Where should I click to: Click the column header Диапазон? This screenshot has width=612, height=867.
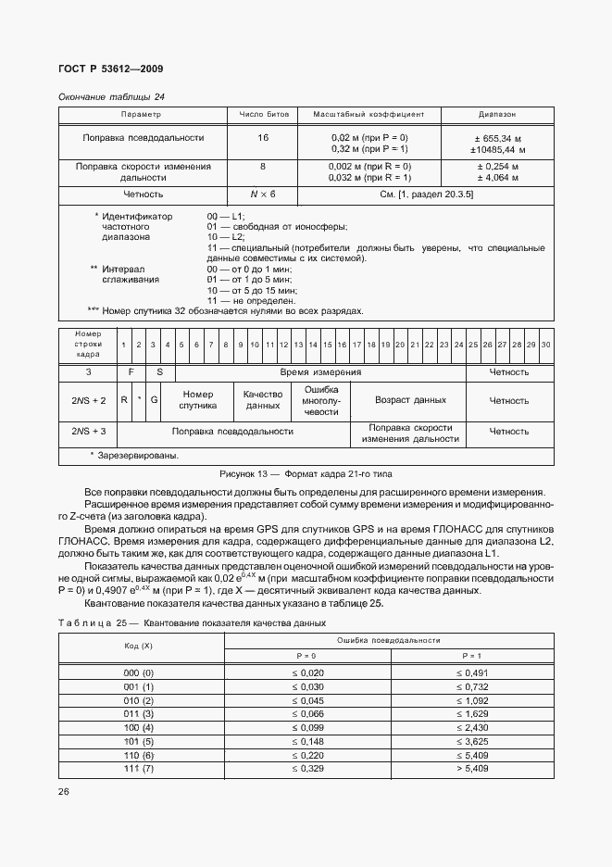point(497,114)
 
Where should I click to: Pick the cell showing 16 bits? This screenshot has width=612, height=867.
point(263,137)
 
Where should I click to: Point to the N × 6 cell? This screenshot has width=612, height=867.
point(263,194)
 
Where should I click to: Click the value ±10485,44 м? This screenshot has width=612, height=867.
point(497,148)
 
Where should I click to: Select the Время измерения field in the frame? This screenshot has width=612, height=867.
point(320,371)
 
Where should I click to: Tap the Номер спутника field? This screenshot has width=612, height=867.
point(197,400)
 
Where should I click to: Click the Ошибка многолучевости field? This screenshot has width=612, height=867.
point(321,400)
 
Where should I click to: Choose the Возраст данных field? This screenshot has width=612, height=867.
point(409,400)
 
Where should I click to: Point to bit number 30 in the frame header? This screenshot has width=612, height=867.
point(545,344)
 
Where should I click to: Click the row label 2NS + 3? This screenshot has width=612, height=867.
point(89,431)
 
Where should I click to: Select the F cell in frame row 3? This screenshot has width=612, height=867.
point(131,371)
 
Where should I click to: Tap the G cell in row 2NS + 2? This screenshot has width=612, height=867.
point(155,400)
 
